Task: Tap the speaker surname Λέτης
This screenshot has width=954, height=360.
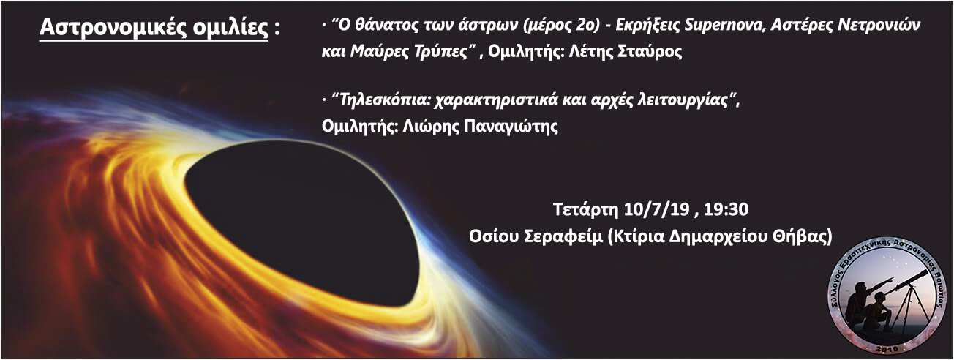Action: click(x=590, y=51)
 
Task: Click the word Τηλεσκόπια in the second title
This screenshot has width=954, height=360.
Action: click(x=382, y=100)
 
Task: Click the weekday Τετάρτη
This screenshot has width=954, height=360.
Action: click(x=585, y=209)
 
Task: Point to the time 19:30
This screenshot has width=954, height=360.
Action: click(x=726, y=209)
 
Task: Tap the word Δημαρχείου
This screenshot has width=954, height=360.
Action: click(x=719, y=236)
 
